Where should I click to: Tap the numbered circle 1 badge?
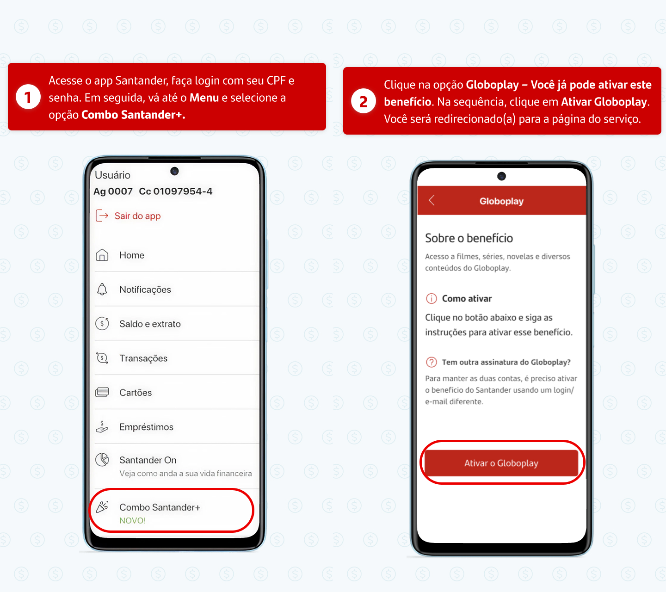coord(28,97)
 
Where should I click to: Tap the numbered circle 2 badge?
coord(363,101)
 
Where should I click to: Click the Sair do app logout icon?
coord(102,216)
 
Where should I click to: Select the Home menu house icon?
coord(102,255)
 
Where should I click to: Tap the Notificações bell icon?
coord(102,289)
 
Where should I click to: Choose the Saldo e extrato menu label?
coord(150,324)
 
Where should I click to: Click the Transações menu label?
coord(143,358)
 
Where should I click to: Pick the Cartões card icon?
coord(102,392)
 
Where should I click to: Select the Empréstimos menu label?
coord(146,427)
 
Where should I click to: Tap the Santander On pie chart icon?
coord(102,460)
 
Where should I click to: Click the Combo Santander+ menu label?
coord(160,507)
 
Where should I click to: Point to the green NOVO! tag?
coord(132,521)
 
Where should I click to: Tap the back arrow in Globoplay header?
coord(432,200)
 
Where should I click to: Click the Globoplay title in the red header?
coord(501,201)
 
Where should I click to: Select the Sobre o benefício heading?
coord(469,238)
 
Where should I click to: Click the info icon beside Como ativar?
coord(432,298)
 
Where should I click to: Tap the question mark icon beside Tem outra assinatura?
coord(432,362)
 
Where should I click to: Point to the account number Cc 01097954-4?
coord(176,191)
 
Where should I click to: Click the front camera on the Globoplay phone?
coord(501,177)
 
